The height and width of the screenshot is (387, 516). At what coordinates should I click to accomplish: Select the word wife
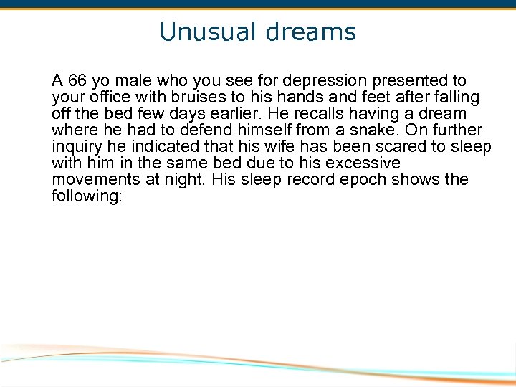pos(279,147)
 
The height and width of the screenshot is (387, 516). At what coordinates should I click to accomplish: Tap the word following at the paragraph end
pos(86,196)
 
